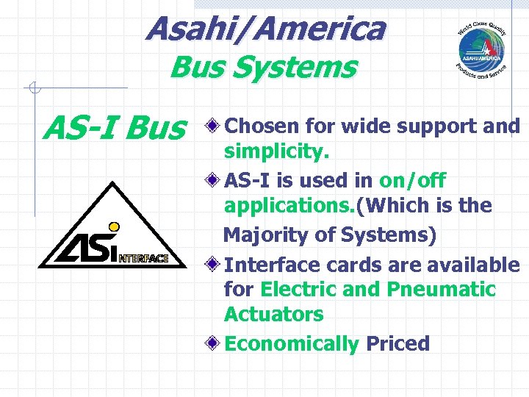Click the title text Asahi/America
[x=264, y=29]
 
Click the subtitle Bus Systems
[x=263, y=68]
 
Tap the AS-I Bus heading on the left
[x=115, y=130]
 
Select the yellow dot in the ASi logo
[x=114, y=226]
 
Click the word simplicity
[x=276, y=152]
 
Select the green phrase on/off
[x=412, y=181]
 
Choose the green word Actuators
[x=273, y=315]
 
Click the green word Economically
[x=291, y=344]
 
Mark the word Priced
[x=397, y=344]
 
